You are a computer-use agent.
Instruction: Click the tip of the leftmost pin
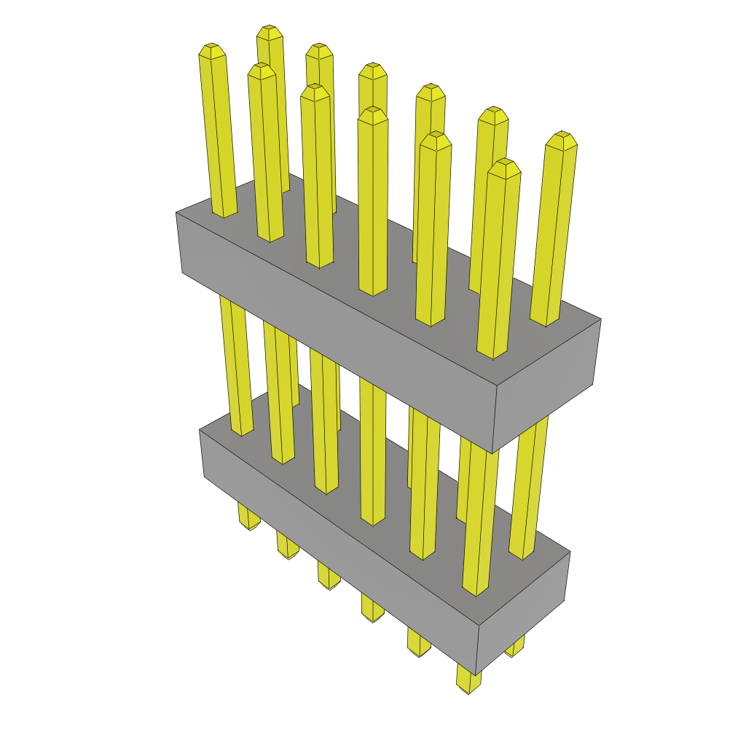(x=211, y=50)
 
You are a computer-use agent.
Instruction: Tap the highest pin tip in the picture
(x=270, y=32)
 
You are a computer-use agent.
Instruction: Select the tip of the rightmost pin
(x=562, y=139)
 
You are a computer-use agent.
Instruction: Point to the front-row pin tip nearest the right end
(x=504, y=167)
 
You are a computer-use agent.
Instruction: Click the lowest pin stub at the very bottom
(x=468, y=680)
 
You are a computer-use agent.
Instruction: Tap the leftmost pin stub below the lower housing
(x=248, y=518)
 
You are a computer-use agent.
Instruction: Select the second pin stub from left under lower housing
(x=287, y=547)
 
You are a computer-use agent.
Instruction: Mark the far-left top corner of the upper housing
(x=176, y=213)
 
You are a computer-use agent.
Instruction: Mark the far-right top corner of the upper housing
(x=601, y=318)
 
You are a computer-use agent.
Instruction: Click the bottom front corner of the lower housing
(x=478, y=675)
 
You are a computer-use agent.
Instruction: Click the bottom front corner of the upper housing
(x=492, y=453)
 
